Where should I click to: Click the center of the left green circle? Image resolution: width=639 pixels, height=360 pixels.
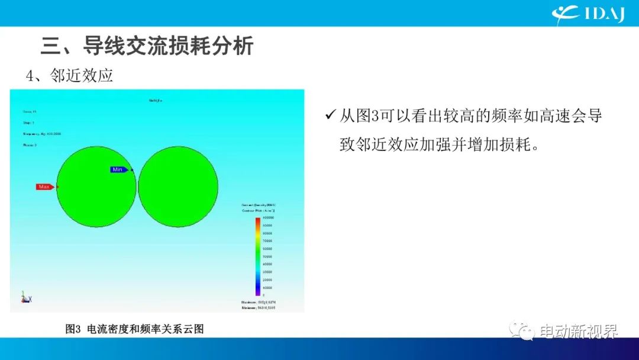pos(96,187)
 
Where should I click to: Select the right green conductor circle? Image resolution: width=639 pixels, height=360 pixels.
pos(178,187)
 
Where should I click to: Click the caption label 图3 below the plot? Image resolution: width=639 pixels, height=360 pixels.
pos(73,329)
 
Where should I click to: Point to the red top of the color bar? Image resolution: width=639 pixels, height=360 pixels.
pos(257,220)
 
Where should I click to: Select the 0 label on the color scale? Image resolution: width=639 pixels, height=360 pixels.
pos(264,294)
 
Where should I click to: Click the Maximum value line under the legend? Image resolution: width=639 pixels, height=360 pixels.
pos(259,302)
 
